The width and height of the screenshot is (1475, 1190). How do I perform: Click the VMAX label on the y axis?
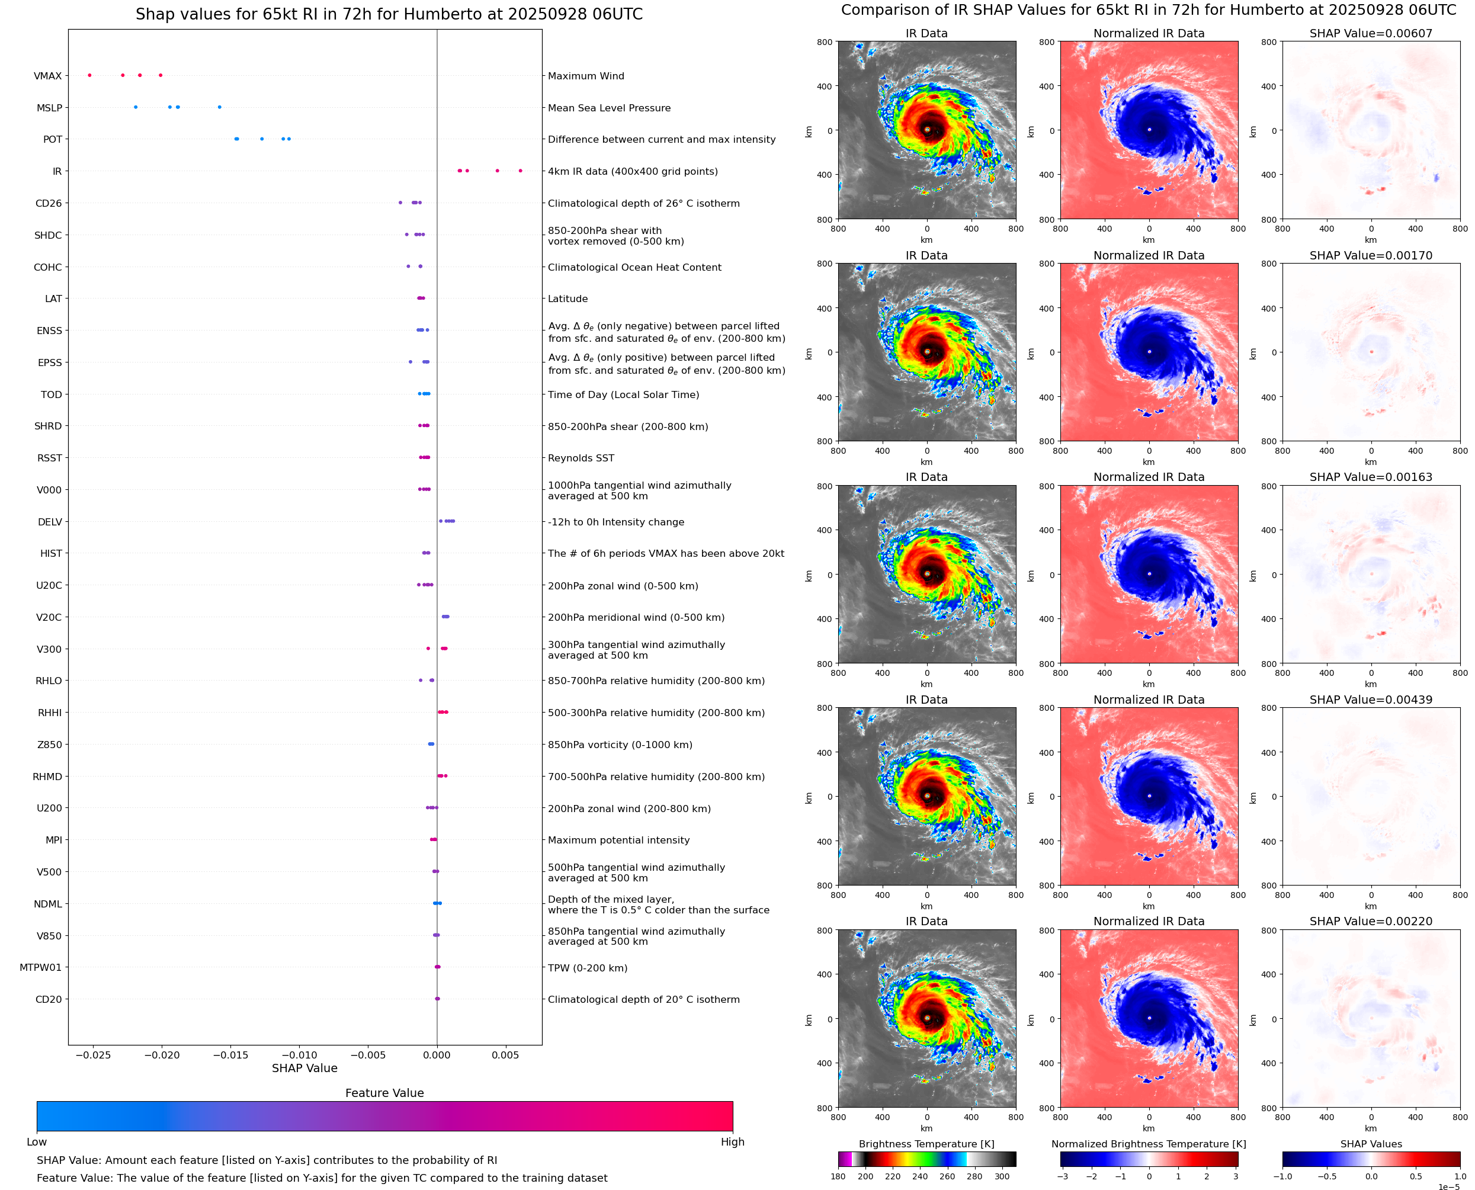tap(47, 76)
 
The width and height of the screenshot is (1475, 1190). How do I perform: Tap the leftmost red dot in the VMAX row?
tap(90, 75)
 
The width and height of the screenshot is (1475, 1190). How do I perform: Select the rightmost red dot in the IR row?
tap(520, 171)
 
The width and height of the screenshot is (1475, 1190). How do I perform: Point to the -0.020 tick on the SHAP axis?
tap(162, 1055)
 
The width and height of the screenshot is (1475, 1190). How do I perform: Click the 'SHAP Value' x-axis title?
tap(304, 1068)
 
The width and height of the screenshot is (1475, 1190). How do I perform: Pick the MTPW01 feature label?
tap(40, 967)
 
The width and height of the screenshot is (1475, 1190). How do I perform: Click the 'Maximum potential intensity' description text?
tap(618, 840)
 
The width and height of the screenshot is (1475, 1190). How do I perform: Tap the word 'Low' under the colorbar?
tap(36, 1142)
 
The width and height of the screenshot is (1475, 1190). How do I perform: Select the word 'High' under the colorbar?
tap(732, 1142)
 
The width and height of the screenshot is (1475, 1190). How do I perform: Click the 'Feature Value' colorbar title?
tap(384, 1093)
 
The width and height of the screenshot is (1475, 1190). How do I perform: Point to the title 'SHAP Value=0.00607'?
tap(1371, 33)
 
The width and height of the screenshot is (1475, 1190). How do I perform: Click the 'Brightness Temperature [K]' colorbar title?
tap(926, 1144)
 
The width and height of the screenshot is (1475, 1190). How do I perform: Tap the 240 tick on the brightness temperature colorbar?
tap(920, 1176)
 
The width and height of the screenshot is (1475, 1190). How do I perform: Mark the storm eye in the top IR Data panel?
tap(926, 130)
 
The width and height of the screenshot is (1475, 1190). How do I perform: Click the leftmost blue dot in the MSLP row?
tap(136, 107)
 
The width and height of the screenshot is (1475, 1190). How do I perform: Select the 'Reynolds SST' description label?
tap(581, 458)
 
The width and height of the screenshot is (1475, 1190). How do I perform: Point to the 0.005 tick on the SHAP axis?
tap(505, 1055)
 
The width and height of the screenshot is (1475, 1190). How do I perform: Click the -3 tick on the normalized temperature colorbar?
tap(1062, 1176)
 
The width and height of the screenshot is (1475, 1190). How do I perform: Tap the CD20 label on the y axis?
tap(48, 999)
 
